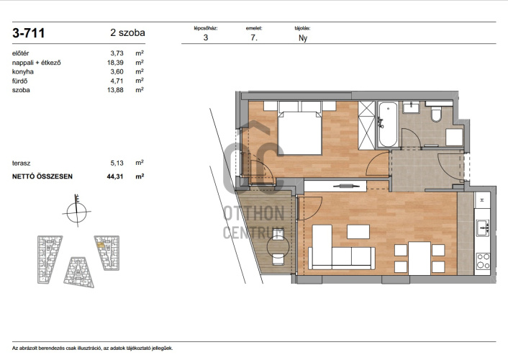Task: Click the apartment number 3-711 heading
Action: point(29,32)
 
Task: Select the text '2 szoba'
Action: point(127,32)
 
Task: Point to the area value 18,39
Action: point(115,63)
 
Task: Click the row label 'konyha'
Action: point(23,72)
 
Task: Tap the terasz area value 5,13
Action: point(117,163)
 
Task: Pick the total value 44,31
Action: point(115,176)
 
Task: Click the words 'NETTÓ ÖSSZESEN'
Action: point(42,176)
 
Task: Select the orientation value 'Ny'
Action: point(303,38)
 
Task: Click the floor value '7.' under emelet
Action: point(254,37)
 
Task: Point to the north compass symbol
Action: point(77,212)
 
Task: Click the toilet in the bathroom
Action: point(437,112)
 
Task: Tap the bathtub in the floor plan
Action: point(388,125)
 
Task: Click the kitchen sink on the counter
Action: point(483,228)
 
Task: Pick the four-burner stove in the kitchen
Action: point(483,261)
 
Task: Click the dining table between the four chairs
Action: point(419,258)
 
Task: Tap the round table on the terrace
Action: point(278,247)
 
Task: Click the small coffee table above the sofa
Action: point(358,232)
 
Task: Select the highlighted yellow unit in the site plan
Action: point(101,245)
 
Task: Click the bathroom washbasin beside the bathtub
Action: point(411,107)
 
